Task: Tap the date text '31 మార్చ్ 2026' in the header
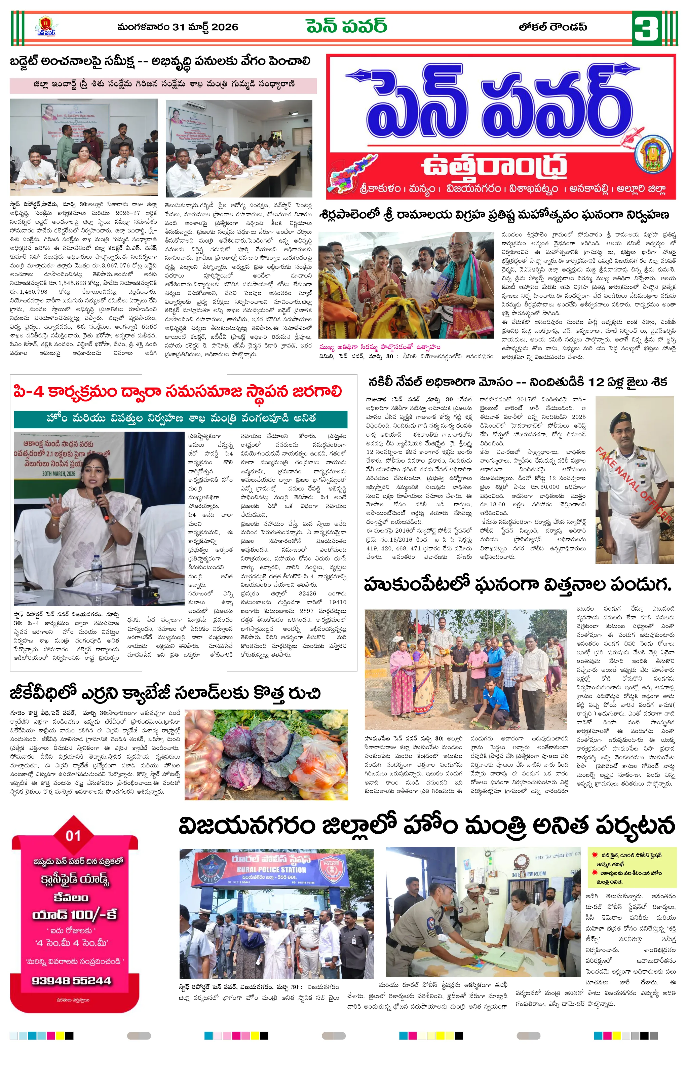[x=205, y=27]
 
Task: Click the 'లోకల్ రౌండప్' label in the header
[x=553, y=27]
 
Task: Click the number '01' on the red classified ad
[x=73, y=836]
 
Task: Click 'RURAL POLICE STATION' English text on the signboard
[x=271, y=870]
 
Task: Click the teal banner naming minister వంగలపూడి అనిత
[x=181, y=419]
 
